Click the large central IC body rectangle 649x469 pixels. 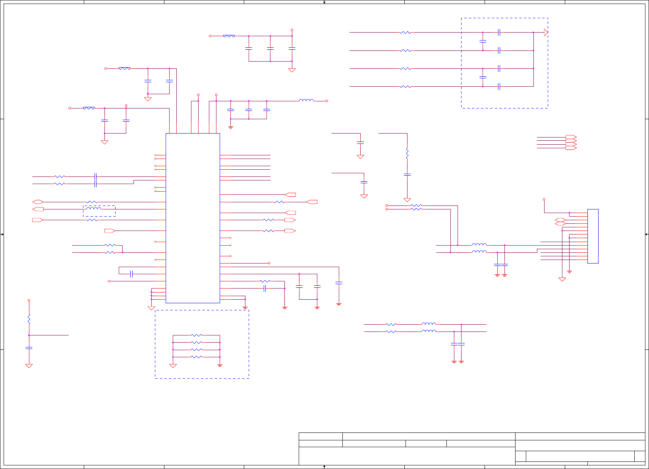(193, 218)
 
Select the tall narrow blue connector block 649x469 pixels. (593, 236)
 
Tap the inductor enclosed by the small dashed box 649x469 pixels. (94, 209)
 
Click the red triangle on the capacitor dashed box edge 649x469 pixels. (546, 33)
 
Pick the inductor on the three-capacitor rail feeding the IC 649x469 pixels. (306, 101)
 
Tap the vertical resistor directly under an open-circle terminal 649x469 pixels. (29, 319)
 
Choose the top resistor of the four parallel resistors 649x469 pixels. (197, 335)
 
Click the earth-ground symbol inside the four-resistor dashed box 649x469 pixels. (220, 365)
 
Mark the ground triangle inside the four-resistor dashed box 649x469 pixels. (173, 365)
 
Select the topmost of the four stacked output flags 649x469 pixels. (571, 137)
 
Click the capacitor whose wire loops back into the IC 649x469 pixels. (131, 274)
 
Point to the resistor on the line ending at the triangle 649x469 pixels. (406, 33)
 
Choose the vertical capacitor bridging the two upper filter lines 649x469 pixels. (483, 41)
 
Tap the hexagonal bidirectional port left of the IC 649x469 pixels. (38, 202)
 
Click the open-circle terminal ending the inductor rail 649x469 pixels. (327, 101)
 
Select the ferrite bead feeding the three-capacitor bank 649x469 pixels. (229, 36)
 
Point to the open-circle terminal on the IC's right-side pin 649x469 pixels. (269, 263)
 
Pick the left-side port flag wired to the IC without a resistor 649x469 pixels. (110, 231)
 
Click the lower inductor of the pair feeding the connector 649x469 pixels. (479, 252)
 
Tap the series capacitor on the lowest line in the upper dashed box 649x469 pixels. (499, 86)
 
